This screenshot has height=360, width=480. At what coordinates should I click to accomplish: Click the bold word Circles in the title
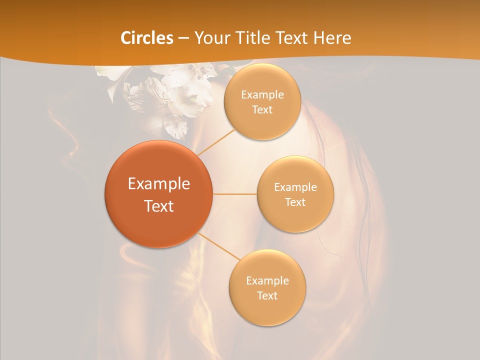pyautogui.click(x=146, y=37)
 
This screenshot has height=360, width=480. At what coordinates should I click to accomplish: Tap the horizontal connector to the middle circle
pyautogui.click(x=234, y=194)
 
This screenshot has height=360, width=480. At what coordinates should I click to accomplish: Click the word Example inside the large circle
pyautogui.click(x=159, y=184)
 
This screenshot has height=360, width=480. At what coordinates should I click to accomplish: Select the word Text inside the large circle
pyautogui.click(x=159, y=206)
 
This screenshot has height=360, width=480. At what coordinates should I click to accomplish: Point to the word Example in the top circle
pyautogui.click(x=262, y=95)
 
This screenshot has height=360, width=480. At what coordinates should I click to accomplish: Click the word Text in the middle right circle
pyautogui.click(x=295, y=202)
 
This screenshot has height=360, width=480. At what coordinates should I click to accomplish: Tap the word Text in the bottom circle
pyautogui.click(x=267, y=295)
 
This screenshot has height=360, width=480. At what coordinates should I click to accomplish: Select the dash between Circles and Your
pyautogui.click(x=183, y=38)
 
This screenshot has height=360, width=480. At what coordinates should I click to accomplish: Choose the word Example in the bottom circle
pyautogui.click(x=267, y=280)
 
